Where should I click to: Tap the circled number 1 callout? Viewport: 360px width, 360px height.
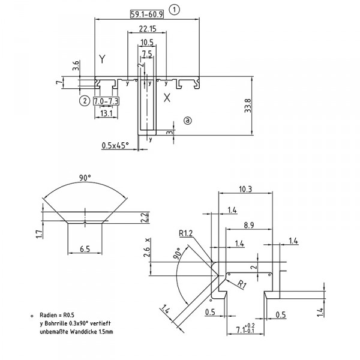coord(174,9)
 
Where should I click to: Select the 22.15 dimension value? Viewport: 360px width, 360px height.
coord(147,29)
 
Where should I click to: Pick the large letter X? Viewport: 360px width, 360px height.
coord(167,98)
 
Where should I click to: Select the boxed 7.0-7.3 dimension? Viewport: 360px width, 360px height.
coord(106,101)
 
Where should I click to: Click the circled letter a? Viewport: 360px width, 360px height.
coord(188,121)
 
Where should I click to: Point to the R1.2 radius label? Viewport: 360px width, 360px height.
coord(185,233)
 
